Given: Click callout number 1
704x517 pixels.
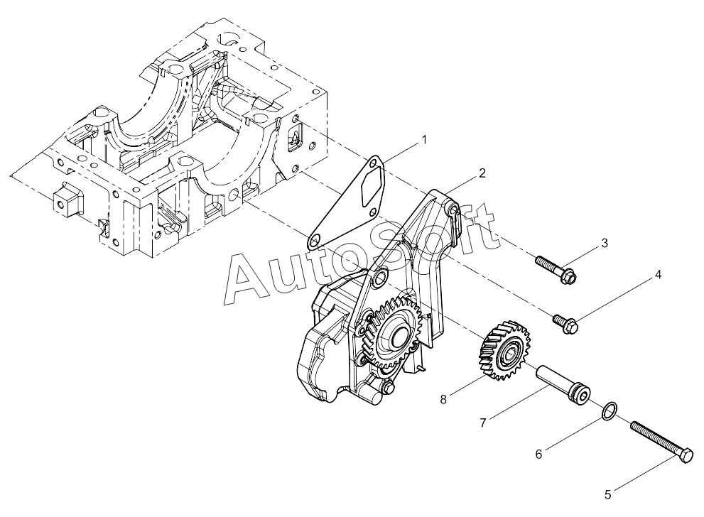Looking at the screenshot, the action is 423,140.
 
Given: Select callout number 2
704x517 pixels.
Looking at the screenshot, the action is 482,173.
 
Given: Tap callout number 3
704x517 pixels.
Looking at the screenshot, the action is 605,244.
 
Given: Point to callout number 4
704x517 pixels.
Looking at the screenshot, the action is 658,275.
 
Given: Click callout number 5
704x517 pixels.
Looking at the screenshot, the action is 608,494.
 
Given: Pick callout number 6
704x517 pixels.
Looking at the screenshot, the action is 538,455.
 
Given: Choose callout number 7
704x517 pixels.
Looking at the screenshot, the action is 483,423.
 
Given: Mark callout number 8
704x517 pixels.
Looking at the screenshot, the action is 443,399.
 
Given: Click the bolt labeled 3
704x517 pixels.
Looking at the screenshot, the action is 556,270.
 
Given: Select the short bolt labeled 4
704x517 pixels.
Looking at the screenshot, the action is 565,324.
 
